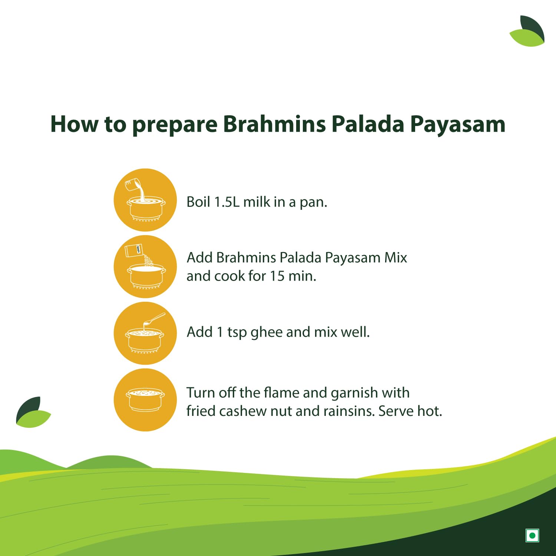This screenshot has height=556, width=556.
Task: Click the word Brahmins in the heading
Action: [274, 124]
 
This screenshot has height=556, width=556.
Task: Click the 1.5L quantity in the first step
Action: [227, 202]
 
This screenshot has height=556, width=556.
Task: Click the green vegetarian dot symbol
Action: [532, 535]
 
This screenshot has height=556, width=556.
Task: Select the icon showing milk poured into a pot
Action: [145, 200]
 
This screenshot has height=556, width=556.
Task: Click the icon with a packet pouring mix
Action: [145, 267]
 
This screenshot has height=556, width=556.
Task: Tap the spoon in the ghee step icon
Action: [154, 320]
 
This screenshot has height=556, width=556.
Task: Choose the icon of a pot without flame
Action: [145, 400]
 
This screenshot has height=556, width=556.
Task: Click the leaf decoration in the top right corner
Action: [527, 32]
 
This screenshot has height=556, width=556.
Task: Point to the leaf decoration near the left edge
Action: [33, 412]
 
